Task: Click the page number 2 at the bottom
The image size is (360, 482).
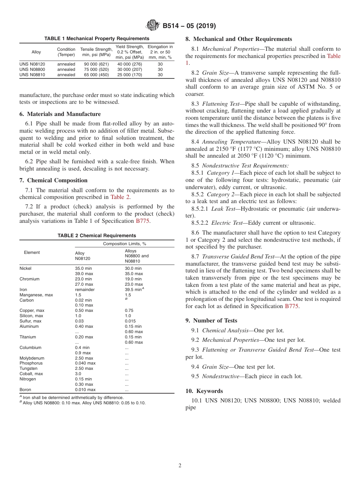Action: point(180,466)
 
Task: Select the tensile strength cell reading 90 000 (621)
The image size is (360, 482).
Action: point(96,64)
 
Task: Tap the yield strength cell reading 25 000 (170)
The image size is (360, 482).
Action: point(130,75)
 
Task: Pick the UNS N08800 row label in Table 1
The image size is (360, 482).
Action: point(32,70)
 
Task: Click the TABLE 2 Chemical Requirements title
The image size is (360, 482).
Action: point(97,236)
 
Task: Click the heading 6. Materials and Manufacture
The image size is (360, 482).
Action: point(60,114)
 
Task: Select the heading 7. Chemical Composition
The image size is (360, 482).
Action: point(53,180)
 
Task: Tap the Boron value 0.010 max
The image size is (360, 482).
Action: point(85,390)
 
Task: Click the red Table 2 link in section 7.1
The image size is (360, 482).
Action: point(120,197)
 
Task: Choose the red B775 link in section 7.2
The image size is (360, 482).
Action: point(142,221)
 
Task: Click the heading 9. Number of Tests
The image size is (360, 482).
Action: point(211,321)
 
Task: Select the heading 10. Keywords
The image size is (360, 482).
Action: point(204,391)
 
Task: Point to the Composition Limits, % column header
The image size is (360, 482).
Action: point(125,244)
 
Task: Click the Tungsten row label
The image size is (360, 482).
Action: point(28,368)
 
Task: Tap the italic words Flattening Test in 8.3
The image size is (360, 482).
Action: point(221,104)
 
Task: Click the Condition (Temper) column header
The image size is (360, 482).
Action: point(66,52)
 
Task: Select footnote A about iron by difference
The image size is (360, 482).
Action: point(72,397)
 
